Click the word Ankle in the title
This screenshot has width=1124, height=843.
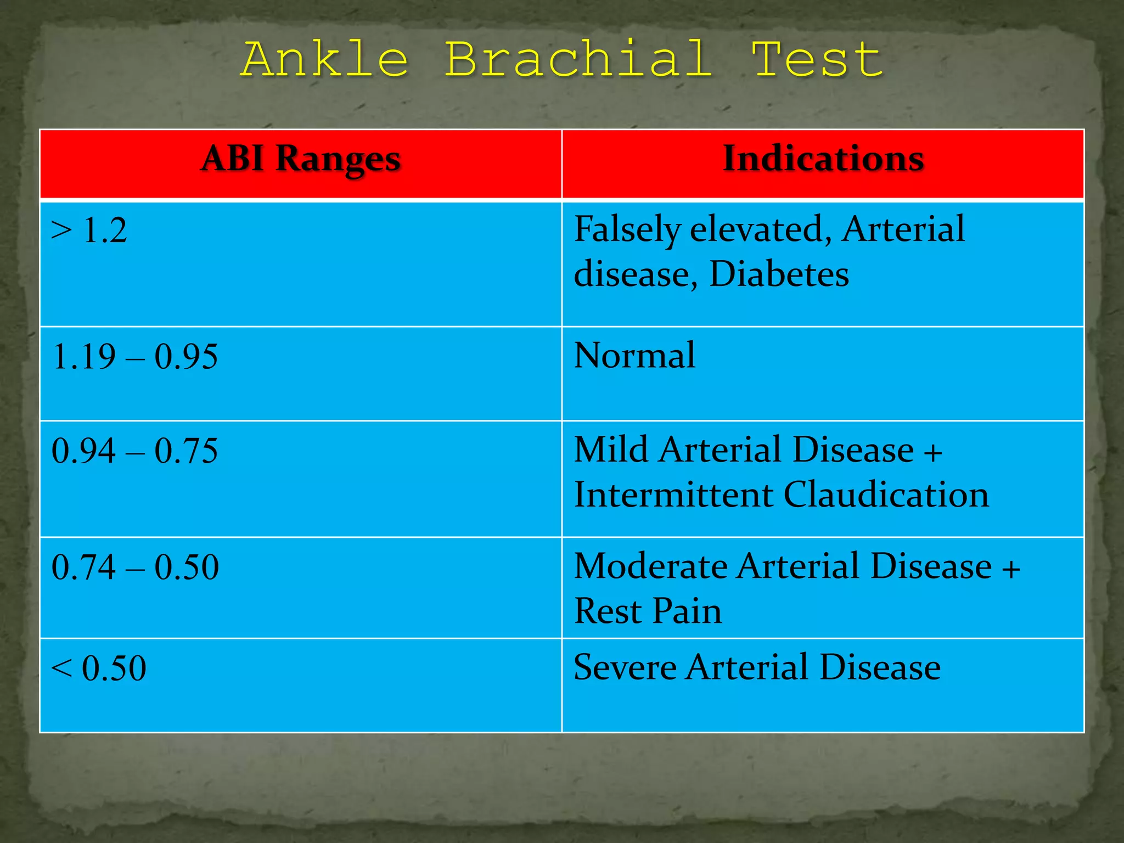pos(325,59)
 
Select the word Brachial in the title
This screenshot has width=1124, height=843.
pos(578,59)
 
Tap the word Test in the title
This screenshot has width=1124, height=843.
pos(817,59)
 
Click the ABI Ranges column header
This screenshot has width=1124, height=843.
pos(301,160)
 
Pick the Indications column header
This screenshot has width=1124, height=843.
pos(823,160)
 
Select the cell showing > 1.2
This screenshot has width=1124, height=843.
pos(89,230)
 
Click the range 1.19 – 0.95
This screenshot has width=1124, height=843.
pos(134,357)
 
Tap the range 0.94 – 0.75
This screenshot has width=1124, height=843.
pos(134,451)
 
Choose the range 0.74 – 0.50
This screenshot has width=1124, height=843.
pos(135,567)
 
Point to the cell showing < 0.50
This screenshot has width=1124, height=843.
pos(99,668)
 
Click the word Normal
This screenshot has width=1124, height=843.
pos(634,356)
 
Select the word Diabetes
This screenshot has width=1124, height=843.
pos(779,274)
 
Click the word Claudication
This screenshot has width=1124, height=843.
pos(886,495)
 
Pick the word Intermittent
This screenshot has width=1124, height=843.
pos(673,495)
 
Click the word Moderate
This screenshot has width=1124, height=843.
pos(650,566)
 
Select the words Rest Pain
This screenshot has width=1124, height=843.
pos(648,611)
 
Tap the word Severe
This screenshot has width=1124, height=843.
pos(625,668)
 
